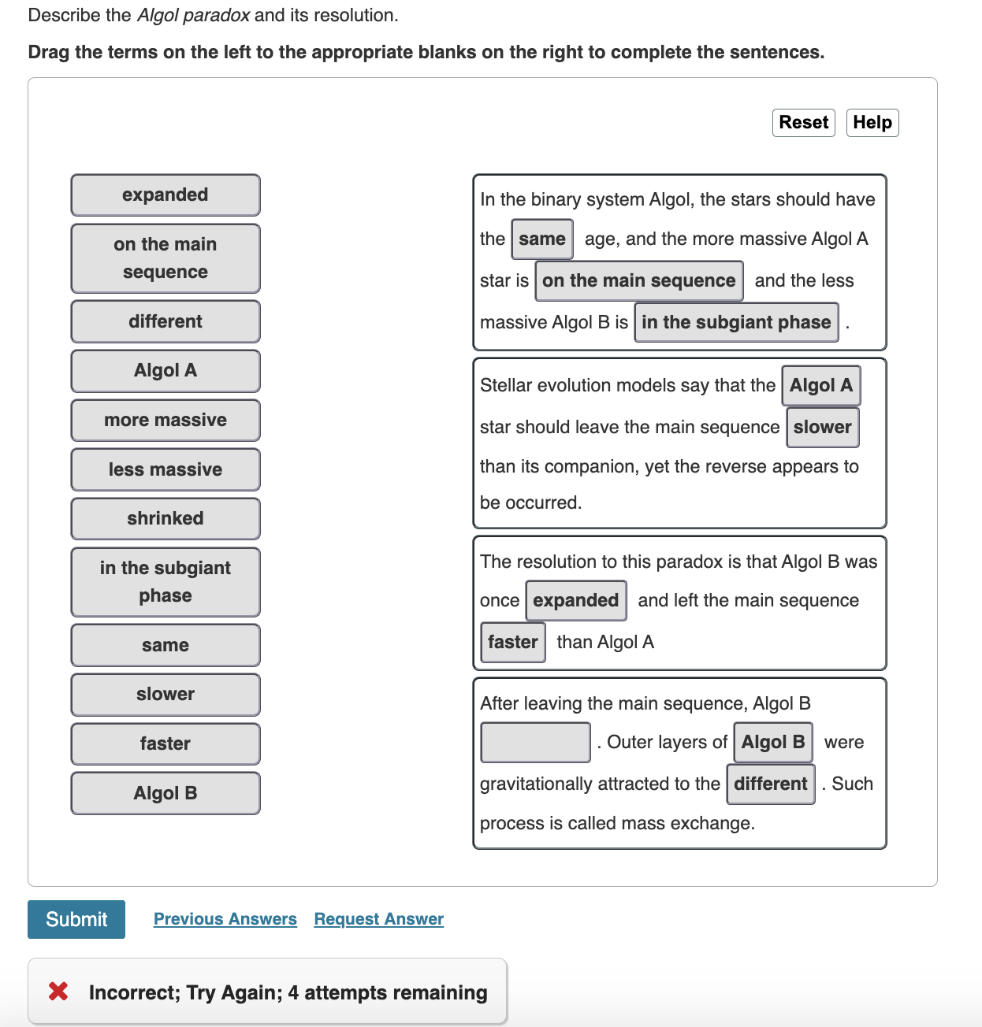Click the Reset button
[803, 123]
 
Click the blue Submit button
[76, 919]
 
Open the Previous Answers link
[225, 919]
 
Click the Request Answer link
[378, 919]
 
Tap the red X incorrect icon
[58, 992]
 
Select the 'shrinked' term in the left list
[166, 518]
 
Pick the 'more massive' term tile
[166, 420]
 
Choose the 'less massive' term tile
[166, 469]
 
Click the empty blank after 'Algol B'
[535, 743]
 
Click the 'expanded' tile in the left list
[166, 195]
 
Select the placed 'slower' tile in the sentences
[822, 427]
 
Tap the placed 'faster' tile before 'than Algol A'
[512, 642]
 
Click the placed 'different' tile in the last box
[770, 784]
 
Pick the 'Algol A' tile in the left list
[166, 370]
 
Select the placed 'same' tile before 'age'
[541, 239]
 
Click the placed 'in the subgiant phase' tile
[735, 322]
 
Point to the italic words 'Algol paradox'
[193, 15]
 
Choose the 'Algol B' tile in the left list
[166, 793]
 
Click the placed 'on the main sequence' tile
[638, 280]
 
